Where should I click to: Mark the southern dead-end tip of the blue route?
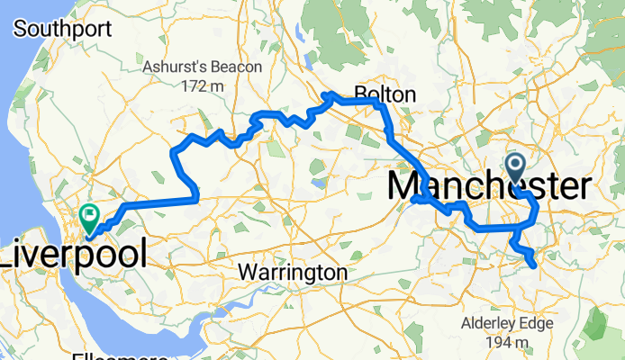click(x=534, y=265)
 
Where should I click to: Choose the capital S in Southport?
click(x=20, y=29)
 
